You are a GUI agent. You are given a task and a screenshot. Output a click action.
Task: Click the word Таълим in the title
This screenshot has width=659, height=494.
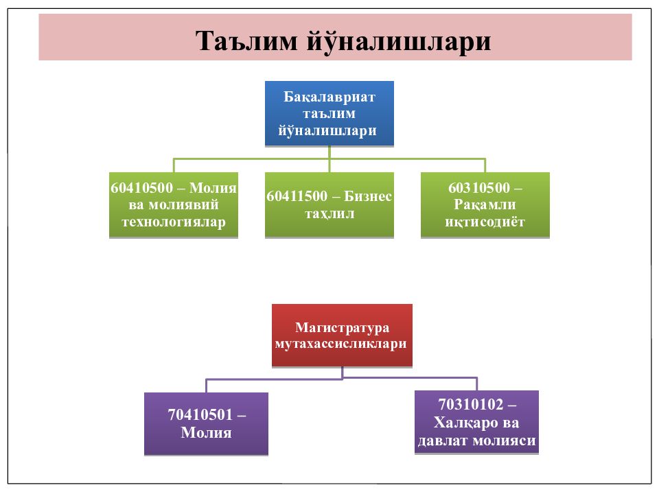point(246,41)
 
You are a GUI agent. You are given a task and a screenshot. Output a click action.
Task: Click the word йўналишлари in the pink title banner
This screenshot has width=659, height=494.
point(398,42)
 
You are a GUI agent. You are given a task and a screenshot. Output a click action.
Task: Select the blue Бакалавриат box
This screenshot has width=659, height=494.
point(329,113)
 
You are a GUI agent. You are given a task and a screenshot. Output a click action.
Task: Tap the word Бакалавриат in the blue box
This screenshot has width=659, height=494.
point(329,97)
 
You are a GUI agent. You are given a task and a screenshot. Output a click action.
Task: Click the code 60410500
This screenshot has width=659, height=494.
point(141,188)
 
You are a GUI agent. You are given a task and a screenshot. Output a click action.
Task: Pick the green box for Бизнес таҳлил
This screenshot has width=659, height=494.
point(329,205)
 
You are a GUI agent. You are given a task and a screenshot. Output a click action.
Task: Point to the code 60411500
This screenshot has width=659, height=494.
point(297,196)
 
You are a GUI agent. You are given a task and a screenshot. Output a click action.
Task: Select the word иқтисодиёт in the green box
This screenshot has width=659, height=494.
point(485,222)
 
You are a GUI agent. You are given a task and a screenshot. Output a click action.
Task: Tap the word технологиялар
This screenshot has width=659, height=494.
point(174,222)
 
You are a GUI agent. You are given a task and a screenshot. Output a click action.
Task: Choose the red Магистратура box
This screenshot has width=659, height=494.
point(342,336)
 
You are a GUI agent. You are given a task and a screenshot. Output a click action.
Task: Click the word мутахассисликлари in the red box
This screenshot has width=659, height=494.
point(341,344)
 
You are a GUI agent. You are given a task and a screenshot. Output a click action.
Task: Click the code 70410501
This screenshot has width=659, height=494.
point(200,415)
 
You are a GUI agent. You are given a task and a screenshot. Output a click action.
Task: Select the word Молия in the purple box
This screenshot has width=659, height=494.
point(207,433)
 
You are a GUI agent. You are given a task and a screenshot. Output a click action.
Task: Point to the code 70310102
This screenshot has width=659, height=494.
point(471,405)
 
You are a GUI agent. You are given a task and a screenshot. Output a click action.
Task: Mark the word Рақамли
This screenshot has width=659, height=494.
point(485,204)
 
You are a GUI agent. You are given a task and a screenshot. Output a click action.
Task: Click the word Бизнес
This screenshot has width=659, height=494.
point(368,196)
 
